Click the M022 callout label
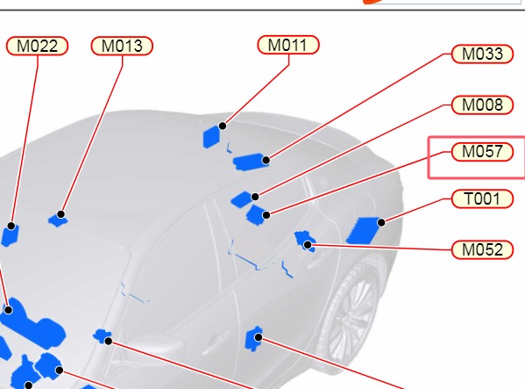[37, 46]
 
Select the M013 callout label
[122, 46]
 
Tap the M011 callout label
[288, 45]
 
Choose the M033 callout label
[482, 54]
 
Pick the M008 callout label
[482, 105]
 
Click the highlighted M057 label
[482, 152]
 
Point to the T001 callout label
[482, 198]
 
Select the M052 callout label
[482, 250]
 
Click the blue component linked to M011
[211, 137]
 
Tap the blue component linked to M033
[251, 162]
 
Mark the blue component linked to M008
[243, 199]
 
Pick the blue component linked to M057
[257, 215]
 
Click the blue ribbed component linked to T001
[364, 230]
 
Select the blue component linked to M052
[305, 241]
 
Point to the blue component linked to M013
[58, 220]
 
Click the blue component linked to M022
[10, 235]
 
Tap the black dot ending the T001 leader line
[381, 222]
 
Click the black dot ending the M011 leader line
[223, 126]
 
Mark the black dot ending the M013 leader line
[60, 214]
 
